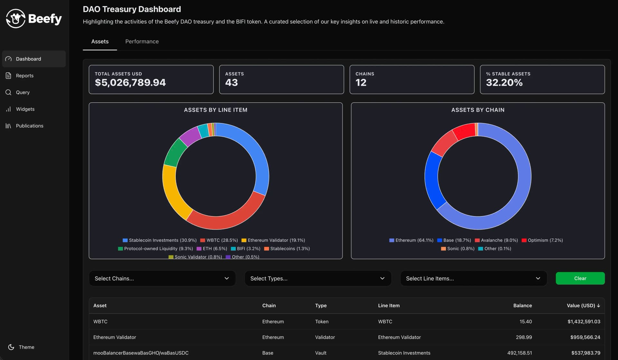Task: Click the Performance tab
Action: (x=142, y=42)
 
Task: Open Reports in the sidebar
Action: (x=24, y=76)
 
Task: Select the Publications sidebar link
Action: (x=29, y=126)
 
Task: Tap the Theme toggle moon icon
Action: (x=11, y=347)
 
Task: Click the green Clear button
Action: (x=580, y=279)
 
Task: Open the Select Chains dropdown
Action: (x=162, y=279)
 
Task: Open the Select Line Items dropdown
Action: (x=473, y=279)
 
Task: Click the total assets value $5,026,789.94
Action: (x=130, y=83)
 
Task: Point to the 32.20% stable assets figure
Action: (x=504, y=83)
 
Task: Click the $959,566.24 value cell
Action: (x=585, y=337)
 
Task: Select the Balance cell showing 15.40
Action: (x=525, y=321)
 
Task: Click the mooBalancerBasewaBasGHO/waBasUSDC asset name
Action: (x=141, y=353)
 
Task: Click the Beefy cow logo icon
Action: (x=15, y=19)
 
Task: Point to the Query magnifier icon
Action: (x=8, y=92)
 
